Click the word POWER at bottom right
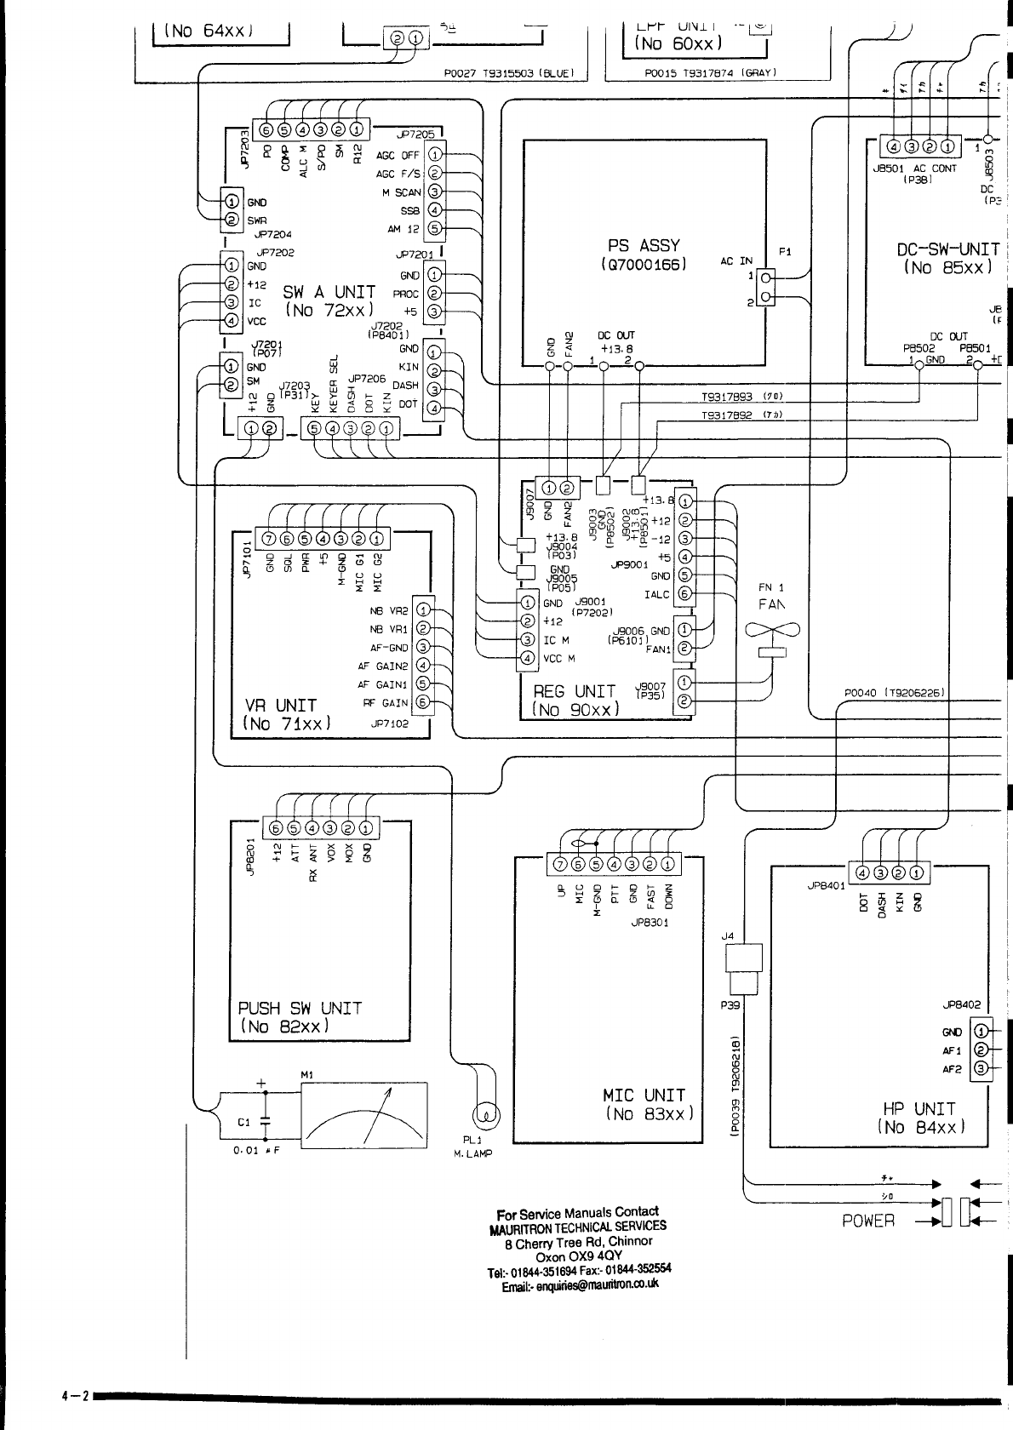pos(868,1221)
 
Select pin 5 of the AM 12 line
pos(434,228)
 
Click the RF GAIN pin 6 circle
pos(423,703)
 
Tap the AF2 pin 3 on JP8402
pos(980,1068)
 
